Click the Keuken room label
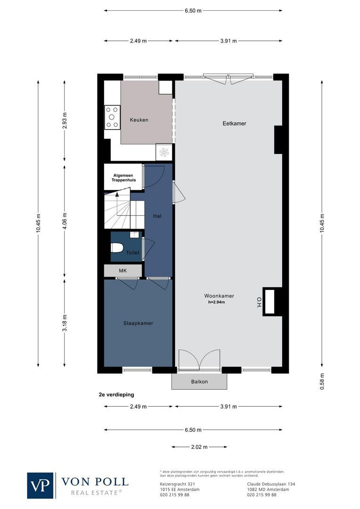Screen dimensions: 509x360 (139, 120)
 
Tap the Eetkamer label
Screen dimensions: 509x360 (234, 123)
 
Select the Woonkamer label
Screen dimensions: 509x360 (219, 296)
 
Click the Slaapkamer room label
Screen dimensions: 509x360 (138, 323)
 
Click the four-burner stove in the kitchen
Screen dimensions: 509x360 (112, 117)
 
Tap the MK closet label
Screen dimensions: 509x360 (123, 271)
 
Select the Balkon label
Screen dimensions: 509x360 (199, 382)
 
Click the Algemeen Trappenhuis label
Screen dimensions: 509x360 (123, 178)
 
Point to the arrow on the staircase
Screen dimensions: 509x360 (117, 195)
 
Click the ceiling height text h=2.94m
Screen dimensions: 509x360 (216, 302)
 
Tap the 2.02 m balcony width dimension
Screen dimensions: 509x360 (199, 447)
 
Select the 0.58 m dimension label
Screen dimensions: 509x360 (322, 381)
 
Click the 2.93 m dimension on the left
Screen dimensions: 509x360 (65, 121)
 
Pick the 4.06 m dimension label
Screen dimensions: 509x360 (65, 221)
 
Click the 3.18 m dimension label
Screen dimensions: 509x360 (65, 323)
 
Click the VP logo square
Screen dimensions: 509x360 (41, 485)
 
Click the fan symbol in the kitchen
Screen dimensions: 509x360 (164, 152)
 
